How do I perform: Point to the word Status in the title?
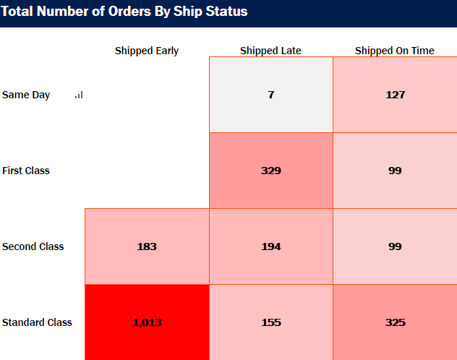226,12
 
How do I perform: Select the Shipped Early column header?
147,51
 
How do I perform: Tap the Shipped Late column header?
270,51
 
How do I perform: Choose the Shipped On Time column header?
395,51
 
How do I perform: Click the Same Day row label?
26,95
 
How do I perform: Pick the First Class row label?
26,171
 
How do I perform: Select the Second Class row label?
33,247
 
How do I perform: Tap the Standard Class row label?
37,322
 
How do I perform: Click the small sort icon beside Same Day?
79,95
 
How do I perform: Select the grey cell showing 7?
270,95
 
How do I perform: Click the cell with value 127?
395,95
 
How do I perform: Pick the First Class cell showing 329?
270,171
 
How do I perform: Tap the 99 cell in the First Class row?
395,171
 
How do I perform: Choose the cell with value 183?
147,247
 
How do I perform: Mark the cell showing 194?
270,247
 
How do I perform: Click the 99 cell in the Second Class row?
395,247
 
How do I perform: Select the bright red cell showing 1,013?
147,322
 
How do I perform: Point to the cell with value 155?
270,322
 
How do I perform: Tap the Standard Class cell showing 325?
395,322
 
